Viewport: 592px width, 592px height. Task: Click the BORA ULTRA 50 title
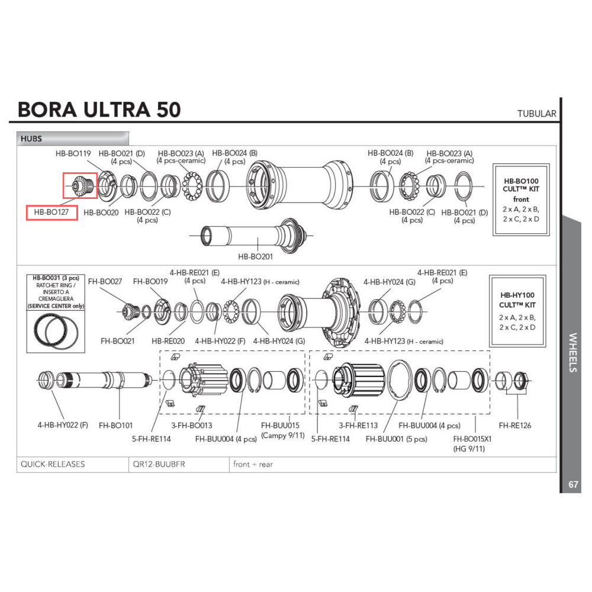[x=99, y=110]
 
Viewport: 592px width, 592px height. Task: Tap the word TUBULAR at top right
[x=536, y=114]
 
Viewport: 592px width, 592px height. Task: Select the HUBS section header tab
[x=31, y=139]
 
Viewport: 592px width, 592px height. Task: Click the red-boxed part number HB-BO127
[x=52, y=212]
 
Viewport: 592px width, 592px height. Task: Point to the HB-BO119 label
[x=73, y=153]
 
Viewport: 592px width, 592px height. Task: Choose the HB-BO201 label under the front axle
[x=256, y=257]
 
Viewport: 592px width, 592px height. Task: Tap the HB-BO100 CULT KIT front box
[x=521, y=200]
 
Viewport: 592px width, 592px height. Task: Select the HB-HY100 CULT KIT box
[x=517, y=311]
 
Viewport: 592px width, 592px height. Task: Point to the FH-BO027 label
[x=105, y=282]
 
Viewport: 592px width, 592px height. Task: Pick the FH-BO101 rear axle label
[x=116, y=424]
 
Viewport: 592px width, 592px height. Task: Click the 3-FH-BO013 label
[x=192, y=425]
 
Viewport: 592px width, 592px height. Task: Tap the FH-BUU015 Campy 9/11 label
[x=281, y=430]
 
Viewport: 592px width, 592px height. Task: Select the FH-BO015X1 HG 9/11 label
[x=472, y=444]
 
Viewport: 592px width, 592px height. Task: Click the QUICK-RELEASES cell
[x=53, y=464]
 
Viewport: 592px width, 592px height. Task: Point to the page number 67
[x=573, y=484]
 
